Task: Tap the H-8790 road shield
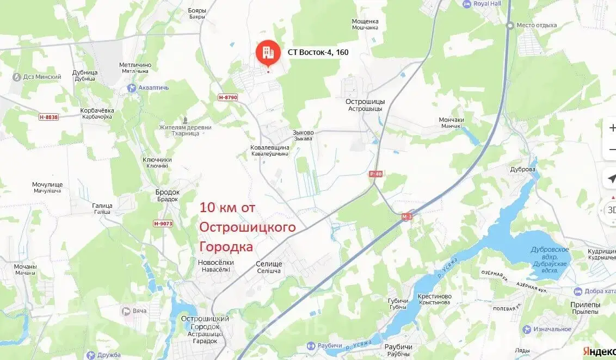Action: point(227,97)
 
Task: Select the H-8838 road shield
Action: point(49,117)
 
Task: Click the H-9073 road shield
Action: point(163,223)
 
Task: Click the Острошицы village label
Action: point(365,102)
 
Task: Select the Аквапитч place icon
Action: point(131,87)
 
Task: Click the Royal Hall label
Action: point(487,4)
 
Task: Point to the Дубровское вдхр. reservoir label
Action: point(550,253)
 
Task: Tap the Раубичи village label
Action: point(398,347)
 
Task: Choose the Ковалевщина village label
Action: point(270,148)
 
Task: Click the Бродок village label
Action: point(167,193)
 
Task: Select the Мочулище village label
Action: point(48,184)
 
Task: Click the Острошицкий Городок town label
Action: point(204,318)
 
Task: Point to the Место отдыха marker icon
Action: point(510,25)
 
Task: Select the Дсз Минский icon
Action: point(17,77)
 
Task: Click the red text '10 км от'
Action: point(227,207)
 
